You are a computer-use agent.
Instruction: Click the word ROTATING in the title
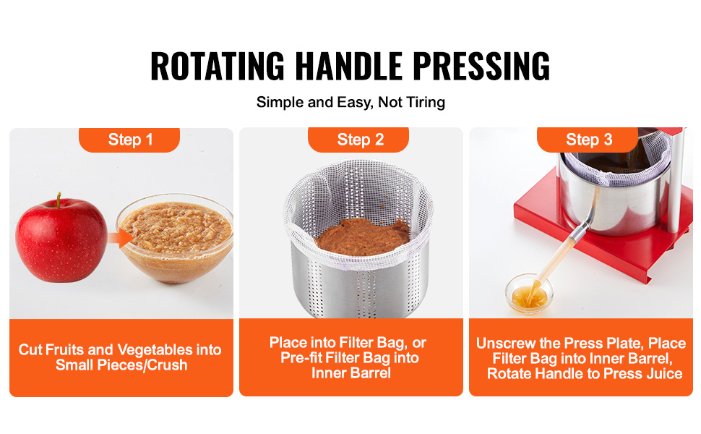[x=218, y=66]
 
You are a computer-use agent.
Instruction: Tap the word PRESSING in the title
[x=481, y=66]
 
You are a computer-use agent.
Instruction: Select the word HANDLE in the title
[x=348, y=66]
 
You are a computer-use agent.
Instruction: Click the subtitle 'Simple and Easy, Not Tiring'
[x=350, y=102]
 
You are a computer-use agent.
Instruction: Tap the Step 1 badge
[x=129, y=140]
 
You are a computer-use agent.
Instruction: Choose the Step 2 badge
[x=358, y=140]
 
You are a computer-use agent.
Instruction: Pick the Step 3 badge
[x=588, y=140]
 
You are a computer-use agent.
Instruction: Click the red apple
[x=61, y=240]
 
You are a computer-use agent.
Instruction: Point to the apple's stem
[x=59, y=200]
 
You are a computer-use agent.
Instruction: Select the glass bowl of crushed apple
[x=175, y=238]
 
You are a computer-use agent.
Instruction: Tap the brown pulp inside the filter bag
[x=362, y=237]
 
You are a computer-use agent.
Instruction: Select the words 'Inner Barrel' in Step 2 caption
[x=351, y=373]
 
